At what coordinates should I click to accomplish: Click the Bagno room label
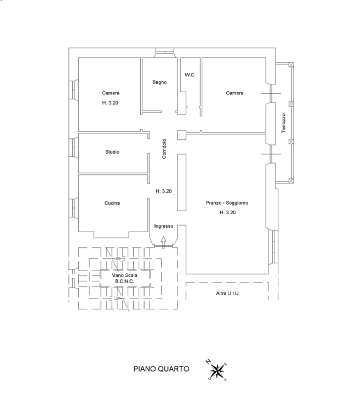pyautogui.click(x=159, y=82)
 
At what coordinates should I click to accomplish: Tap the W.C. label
pyautogui.click(x=190, y=75)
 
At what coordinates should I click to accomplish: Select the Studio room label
pyautogui.click(x=112, y=152)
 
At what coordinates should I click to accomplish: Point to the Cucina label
pyautogui.click(x=112, y=203)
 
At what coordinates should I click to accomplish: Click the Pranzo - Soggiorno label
pyautogui.click(x=227, y=203)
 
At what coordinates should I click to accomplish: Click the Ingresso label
pyautogui.click(x=164, y=226)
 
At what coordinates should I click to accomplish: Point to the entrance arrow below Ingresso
pyautogui.click(x=164, y=240)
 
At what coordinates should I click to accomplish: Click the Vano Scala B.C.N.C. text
pyautogui.click(x=125, y=279)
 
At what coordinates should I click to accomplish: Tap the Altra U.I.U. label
pyautogui.click(x=228, y=294)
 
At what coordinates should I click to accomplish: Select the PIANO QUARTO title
pyautogui.click(x=162, y=369)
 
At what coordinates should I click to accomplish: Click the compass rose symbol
pyautogui.click(x=218, y=371)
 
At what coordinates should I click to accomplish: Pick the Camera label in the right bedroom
pyautogui.click(x=234, y=93)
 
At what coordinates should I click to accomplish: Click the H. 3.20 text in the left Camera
pyautogui.click(x=110, y=103)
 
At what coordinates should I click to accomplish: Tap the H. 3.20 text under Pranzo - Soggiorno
pyautogui.click(x=227, y=212)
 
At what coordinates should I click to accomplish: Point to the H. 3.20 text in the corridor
pyautogui.click(x=164, y=191)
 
